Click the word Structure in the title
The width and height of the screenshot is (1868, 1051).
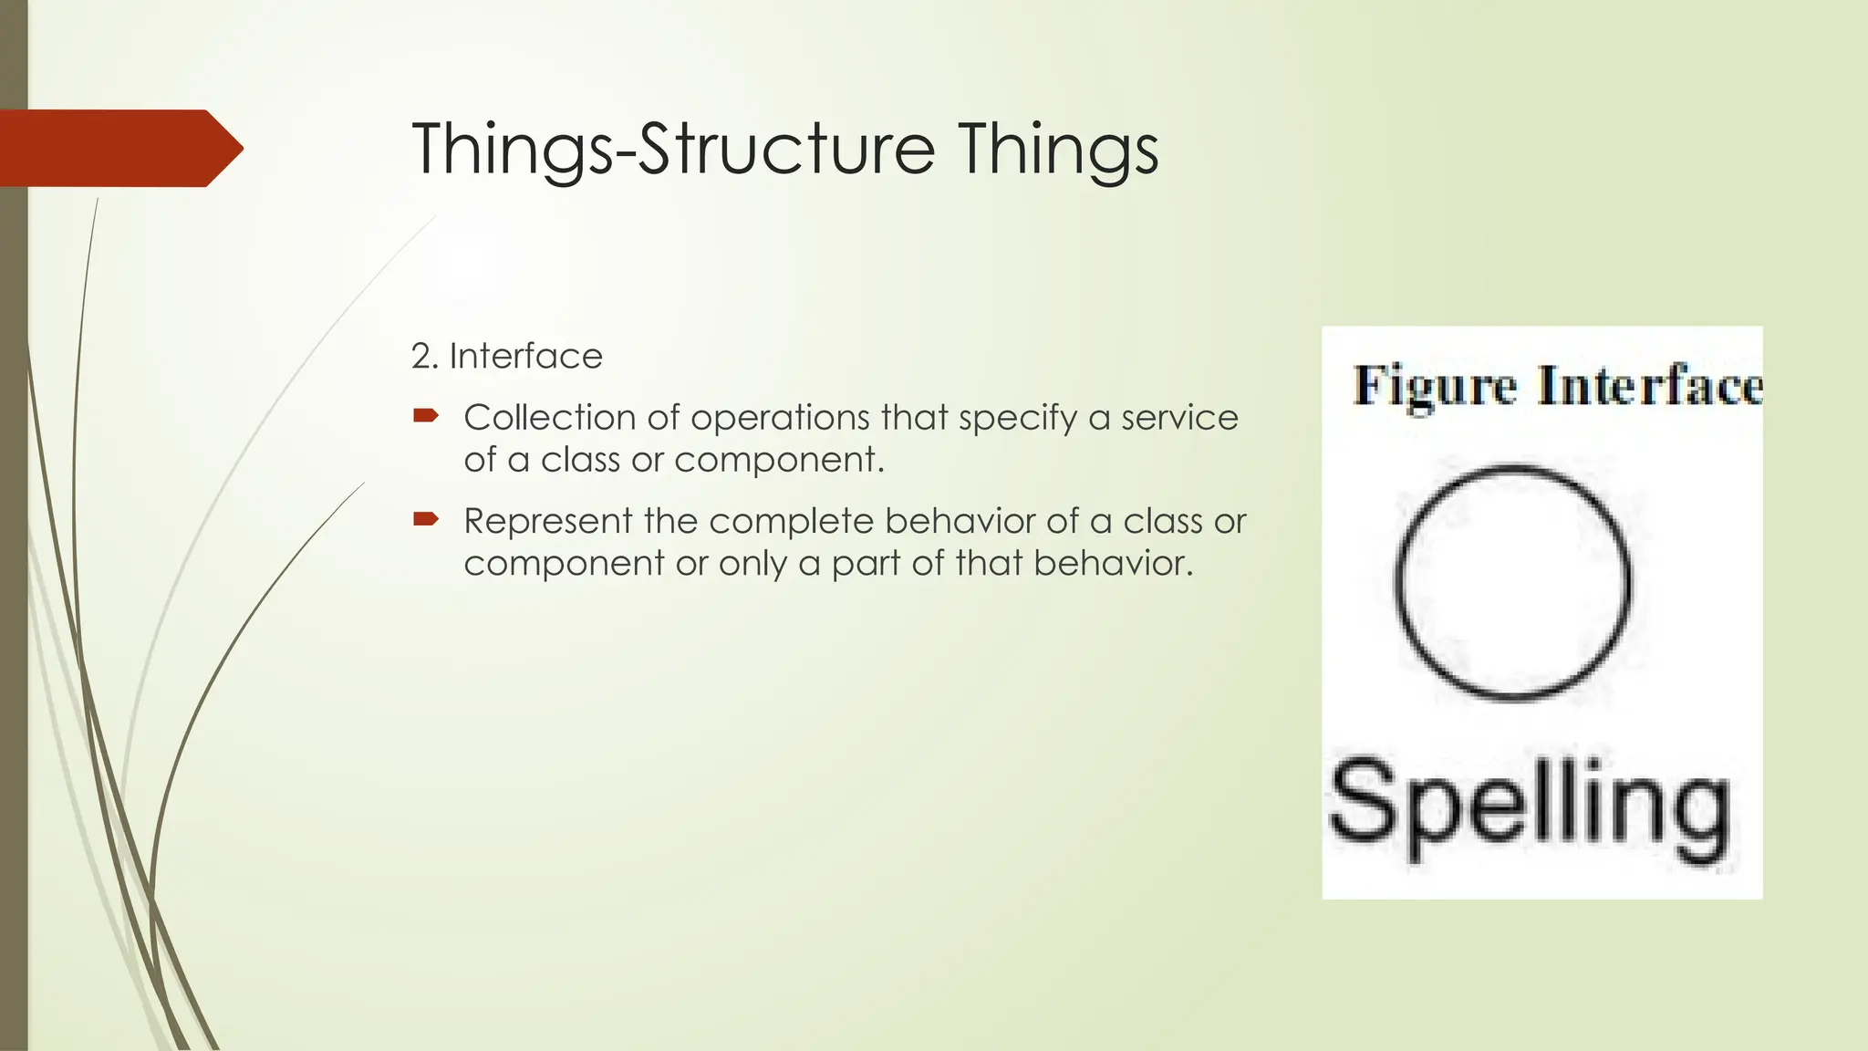click(786, 149)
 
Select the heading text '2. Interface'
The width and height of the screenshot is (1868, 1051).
click(507, 356)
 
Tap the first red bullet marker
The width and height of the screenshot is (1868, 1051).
click(426, 416)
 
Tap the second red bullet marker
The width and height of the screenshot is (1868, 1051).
click(426, 520)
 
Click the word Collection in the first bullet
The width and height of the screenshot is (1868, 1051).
click(550, 418)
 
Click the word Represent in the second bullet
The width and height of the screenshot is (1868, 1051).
click(548, 522)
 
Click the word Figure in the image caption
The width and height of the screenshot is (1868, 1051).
click(1434, 386)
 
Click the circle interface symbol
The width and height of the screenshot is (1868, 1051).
click(1513, 582)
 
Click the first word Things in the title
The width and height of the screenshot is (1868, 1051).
click(512, 149)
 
